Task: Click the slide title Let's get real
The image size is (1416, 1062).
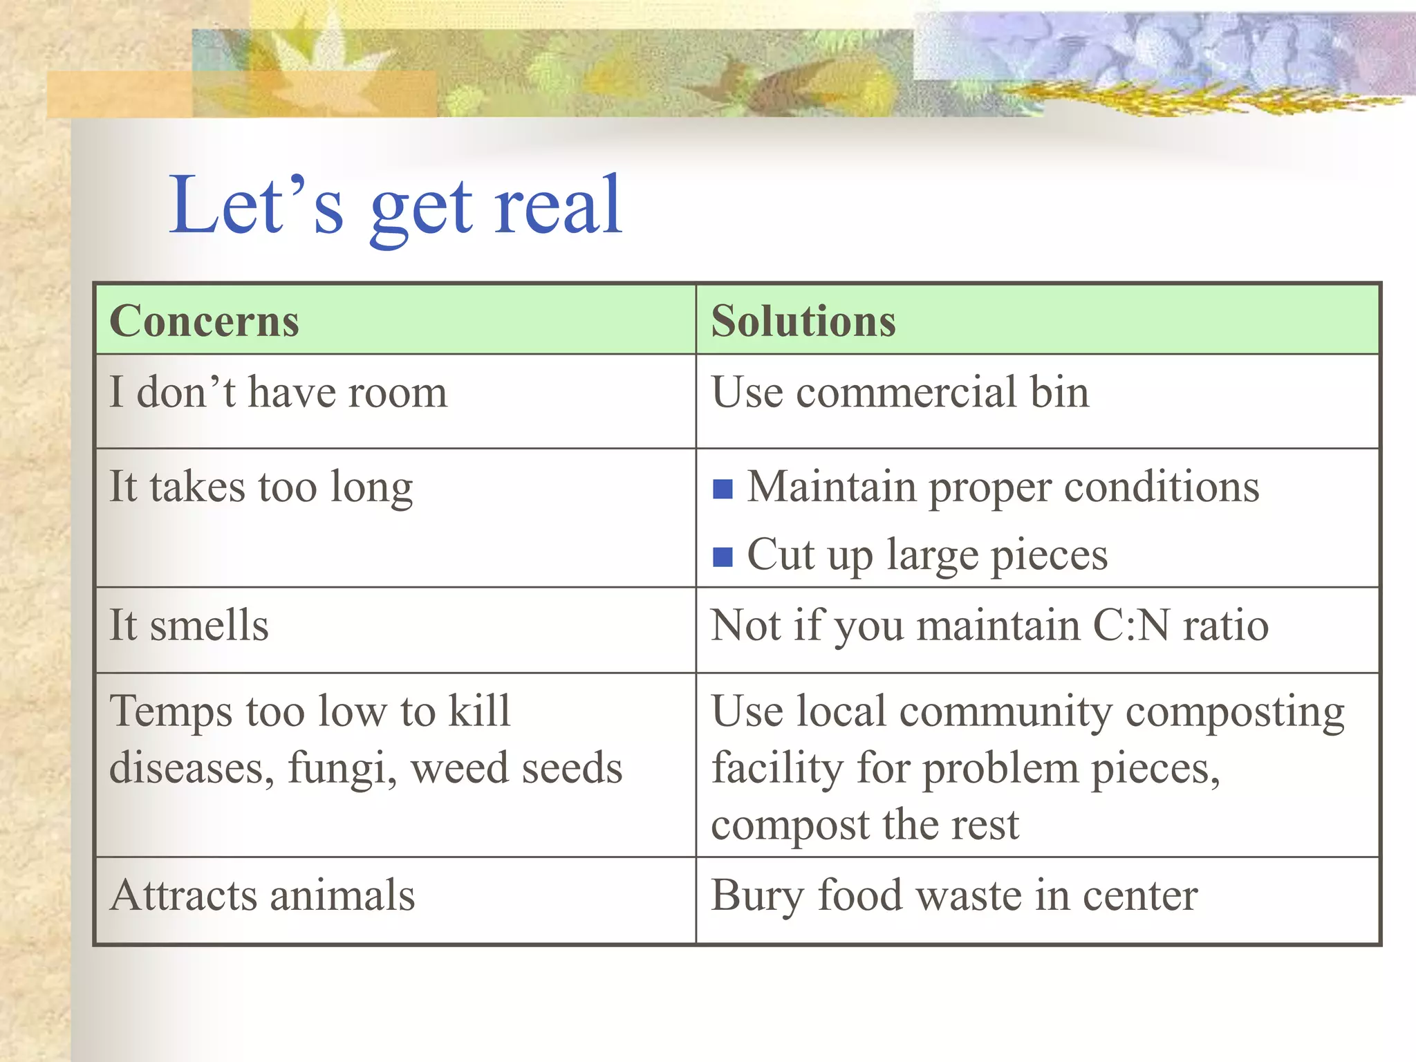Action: pos(395,206)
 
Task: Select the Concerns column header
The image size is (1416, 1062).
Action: pos(204,322)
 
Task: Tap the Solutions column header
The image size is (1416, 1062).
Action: pos(803,322)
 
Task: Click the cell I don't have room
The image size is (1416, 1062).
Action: pos(278,393)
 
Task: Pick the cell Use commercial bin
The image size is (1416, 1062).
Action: pos(900,393)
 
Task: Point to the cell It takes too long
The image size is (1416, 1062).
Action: pos(261,487)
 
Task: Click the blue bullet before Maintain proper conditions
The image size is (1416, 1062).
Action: pos(723,490)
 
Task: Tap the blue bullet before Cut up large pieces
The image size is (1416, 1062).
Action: pos(723,557)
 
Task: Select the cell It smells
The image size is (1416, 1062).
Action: pos(189,626)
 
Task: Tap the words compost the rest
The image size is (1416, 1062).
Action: pos(864,825)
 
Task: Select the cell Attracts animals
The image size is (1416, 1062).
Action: pos(262,895)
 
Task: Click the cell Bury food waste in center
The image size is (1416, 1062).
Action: pos(953,895)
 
